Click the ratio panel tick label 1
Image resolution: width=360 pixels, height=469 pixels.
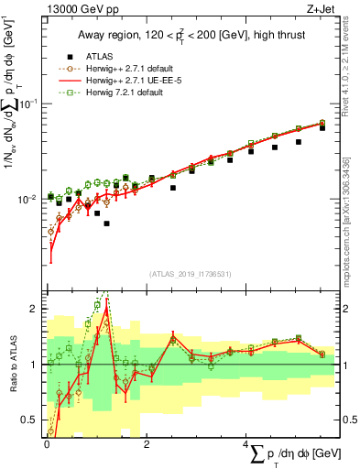tap(34, 365)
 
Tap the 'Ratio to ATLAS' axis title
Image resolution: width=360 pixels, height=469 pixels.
tap(11, 364)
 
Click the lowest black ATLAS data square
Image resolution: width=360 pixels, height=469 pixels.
tap(107, 224)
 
